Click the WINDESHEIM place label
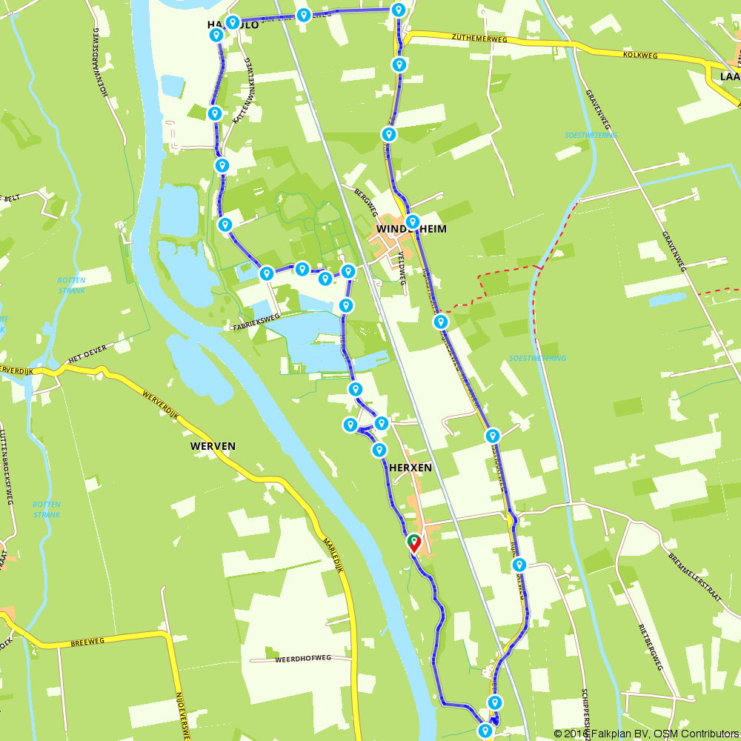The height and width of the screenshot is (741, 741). point(412,230)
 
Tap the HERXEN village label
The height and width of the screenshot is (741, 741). point(410,468)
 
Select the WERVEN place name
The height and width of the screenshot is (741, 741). point(213,446)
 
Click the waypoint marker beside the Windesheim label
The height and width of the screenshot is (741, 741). point(413,221)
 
